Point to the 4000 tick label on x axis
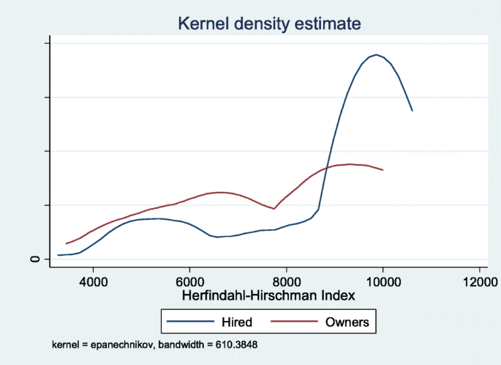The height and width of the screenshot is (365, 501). [x=93, y=281]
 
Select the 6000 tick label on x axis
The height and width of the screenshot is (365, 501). [x=189, y=281]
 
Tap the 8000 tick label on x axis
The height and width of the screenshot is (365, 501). [x=287, y=281]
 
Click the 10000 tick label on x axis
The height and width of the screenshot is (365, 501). [x=383, y=281]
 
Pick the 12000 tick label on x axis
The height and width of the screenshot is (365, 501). [x=479, y=281]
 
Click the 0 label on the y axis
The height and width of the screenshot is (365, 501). [x=34, y=259]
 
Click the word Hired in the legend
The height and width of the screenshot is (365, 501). [x=236, y=322]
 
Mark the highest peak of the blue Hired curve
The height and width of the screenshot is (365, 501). [x=377, y=55]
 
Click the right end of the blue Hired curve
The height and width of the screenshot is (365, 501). [x=413, y=111]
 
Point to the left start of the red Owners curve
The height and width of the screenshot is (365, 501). [x=67, y=243]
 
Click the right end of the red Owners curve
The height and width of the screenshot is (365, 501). [x=383, y=170]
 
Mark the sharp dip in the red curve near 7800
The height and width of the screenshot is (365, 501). [x=274, y=209]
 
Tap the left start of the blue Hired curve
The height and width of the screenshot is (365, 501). [x=58, y=255]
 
